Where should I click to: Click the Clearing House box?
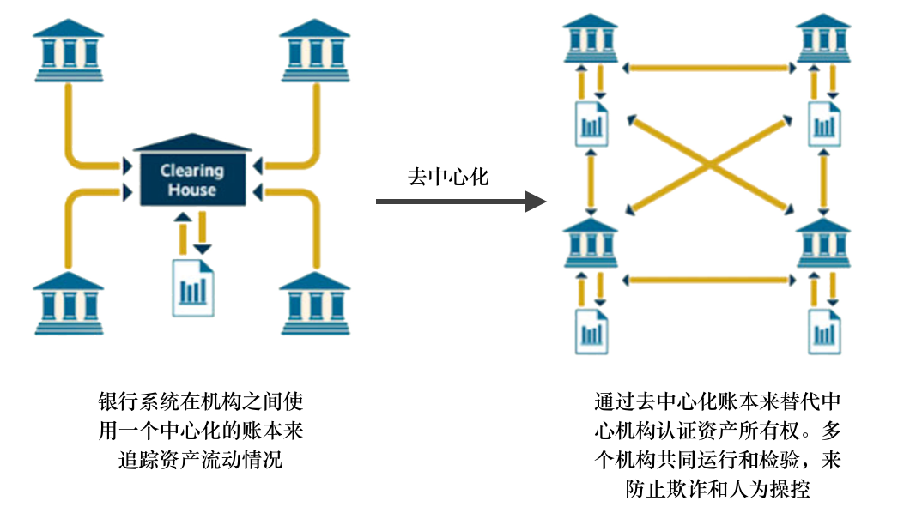(192, 178)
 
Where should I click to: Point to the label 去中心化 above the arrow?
(448, 177)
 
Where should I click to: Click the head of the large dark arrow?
(537, 202)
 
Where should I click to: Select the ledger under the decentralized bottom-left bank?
(591, 330)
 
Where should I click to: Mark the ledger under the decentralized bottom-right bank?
(824, 330)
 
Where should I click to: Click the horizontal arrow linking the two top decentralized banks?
(707, 66)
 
